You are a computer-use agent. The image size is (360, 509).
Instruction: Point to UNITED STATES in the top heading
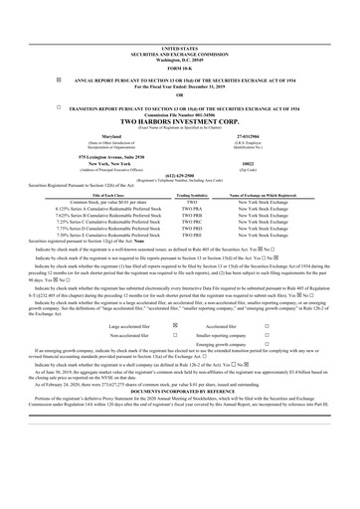[179, 47]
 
